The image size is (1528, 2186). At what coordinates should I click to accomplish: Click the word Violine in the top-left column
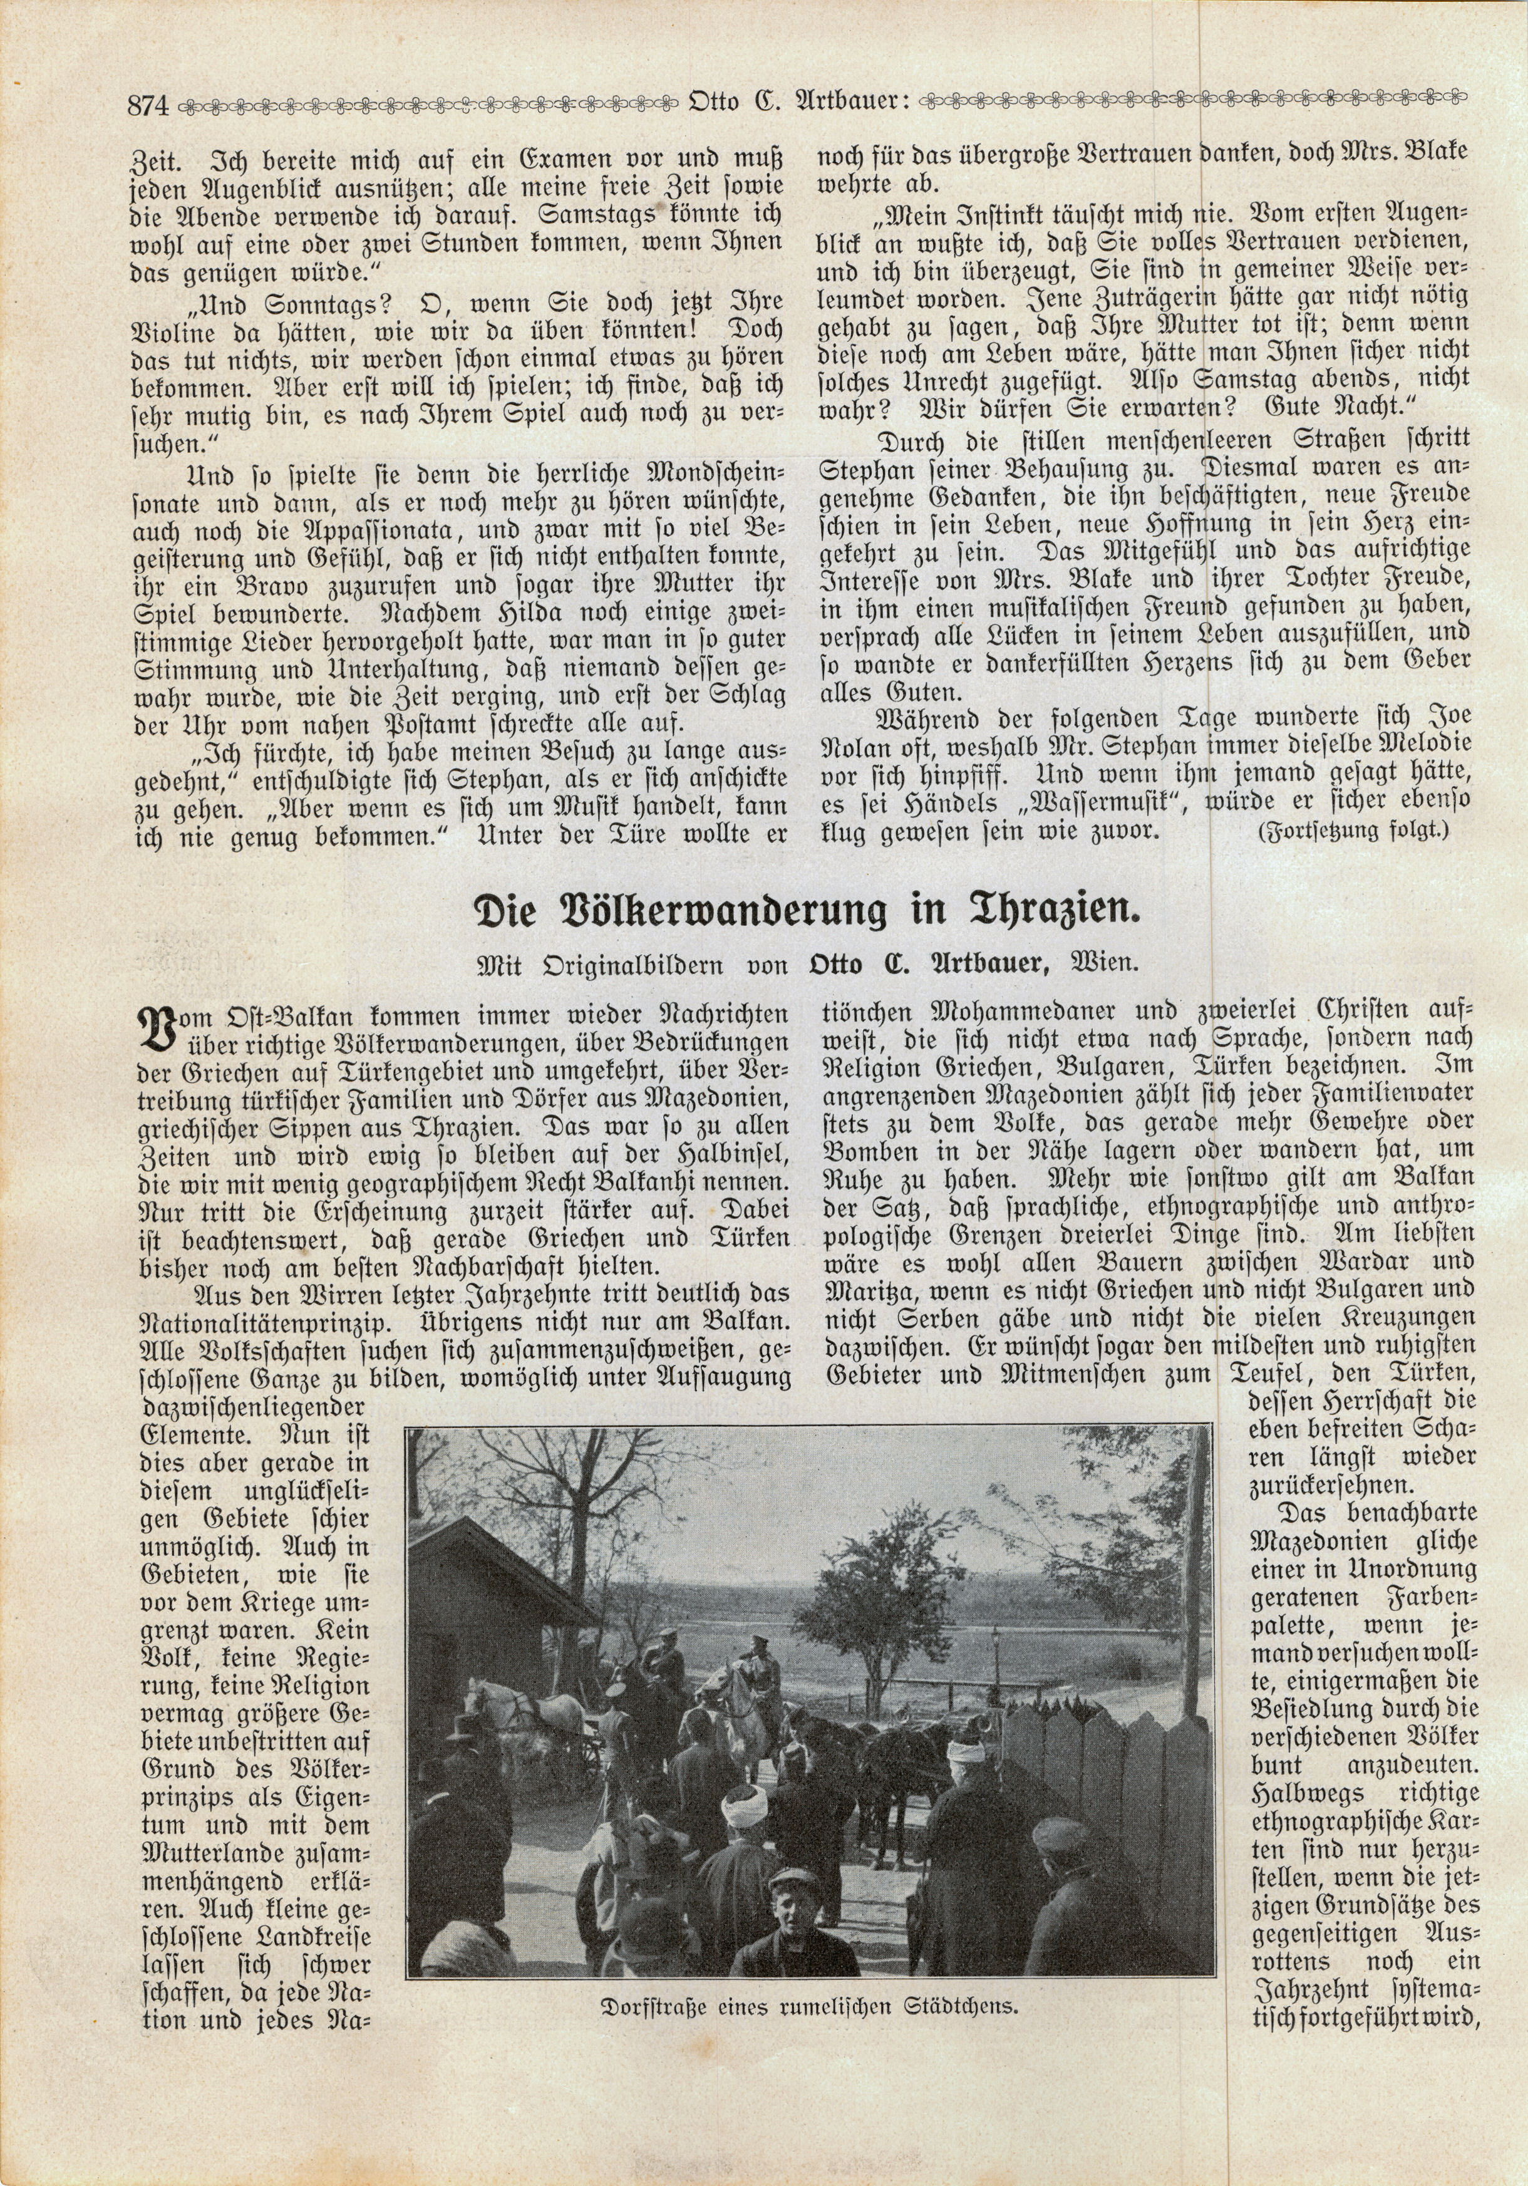(x=170, y=328)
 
